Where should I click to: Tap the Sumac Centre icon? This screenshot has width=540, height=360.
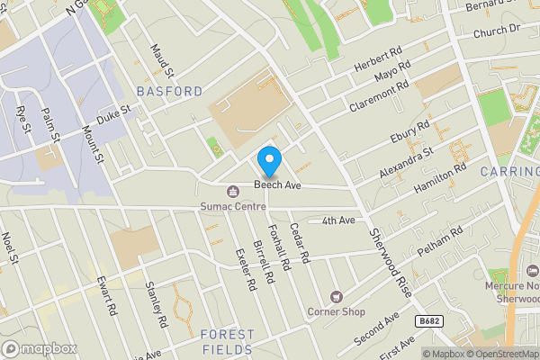[x=233, y=190]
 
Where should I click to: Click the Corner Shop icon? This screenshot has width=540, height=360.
[x=337, y=296]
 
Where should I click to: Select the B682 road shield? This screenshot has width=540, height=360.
[x=429, y=320]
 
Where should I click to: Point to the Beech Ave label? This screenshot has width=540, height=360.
[x=276, y=184]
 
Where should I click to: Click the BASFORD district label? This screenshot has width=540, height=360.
[x=169, y=92]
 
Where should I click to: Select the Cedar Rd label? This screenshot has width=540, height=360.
[x=299, y=243]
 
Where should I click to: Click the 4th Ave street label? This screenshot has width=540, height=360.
[x=339, y=220]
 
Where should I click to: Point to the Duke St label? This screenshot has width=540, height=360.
[x=114, y=116]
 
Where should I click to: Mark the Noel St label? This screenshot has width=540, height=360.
[x=10, y=249]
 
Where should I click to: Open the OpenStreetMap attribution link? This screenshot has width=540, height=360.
[x=494, y=354]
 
